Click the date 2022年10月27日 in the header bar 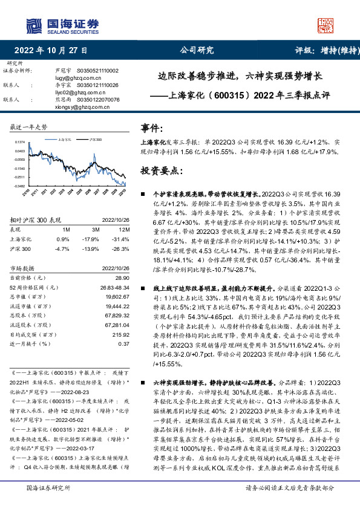[x=50, y=51]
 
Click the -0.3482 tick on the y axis [x=21, y=186]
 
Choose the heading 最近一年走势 [x=28, y=127]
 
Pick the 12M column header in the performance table [x=123, y=230]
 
